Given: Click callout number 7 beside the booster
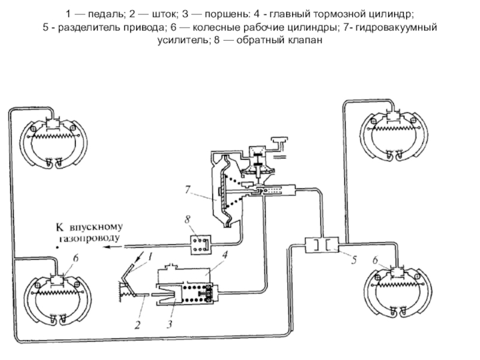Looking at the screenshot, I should pos(188,188).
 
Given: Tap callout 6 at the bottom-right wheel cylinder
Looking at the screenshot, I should pos(375,260).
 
